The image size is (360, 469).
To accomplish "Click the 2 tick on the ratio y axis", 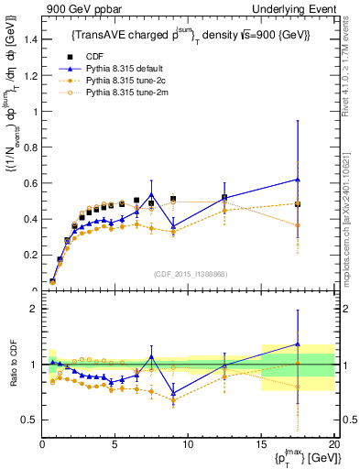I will tap(32, 309).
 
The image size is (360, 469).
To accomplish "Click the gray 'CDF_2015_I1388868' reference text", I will tap(189, 274).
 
